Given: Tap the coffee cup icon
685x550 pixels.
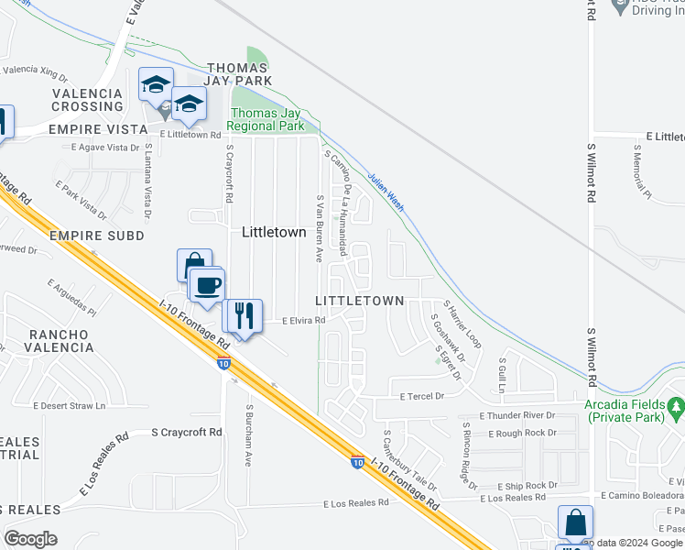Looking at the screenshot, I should tap(207, 283).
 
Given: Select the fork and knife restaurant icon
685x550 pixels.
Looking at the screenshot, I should tap(244, 315).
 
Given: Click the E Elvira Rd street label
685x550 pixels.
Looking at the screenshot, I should tap(291, 321).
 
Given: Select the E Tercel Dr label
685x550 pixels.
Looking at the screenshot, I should tap(421, 396).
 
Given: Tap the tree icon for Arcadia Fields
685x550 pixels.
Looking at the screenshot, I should tap(676, 405).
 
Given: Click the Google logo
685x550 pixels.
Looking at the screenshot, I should tap(30, 539).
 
